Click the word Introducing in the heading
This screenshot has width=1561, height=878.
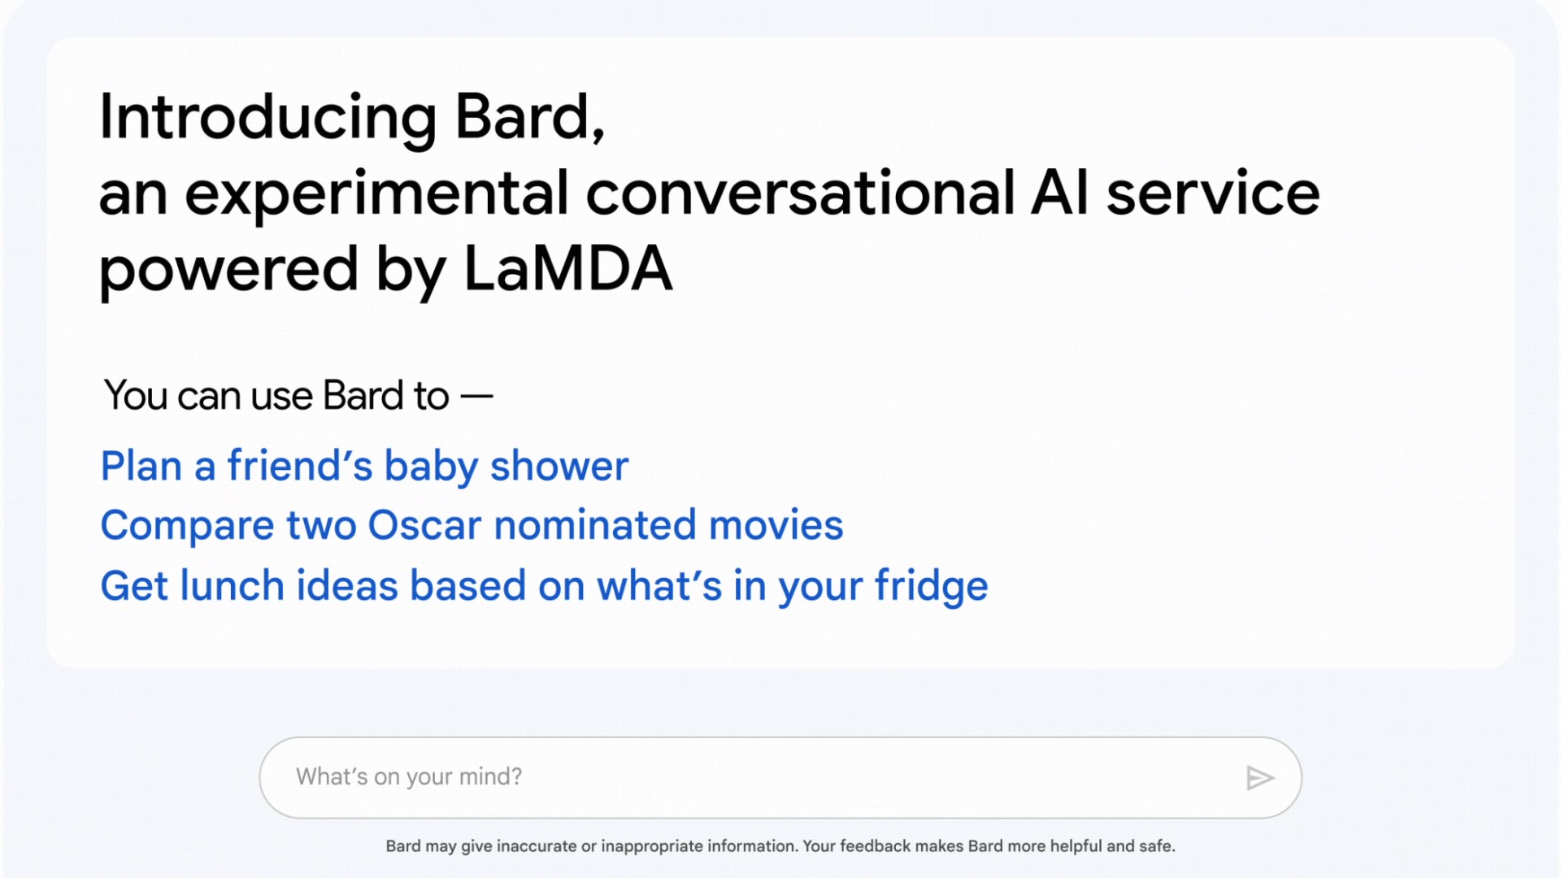coord(268,117)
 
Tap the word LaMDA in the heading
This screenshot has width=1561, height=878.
coord(568,269)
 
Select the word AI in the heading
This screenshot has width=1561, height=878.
coord(1059,193)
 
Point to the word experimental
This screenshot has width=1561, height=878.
coord(376,196)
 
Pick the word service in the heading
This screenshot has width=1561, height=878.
coord(1213,193)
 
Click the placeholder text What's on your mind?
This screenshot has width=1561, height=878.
coord(409,777)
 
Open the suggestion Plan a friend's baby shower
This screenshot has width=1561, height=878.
coord(364,467)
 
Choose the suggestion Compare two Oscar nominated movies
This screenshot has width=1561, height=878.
coord(472,526)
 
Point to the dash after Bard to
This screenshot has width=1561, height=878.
coord(476,397)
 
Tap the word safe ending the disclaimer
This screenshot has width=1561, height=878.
coord(1157,846)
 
